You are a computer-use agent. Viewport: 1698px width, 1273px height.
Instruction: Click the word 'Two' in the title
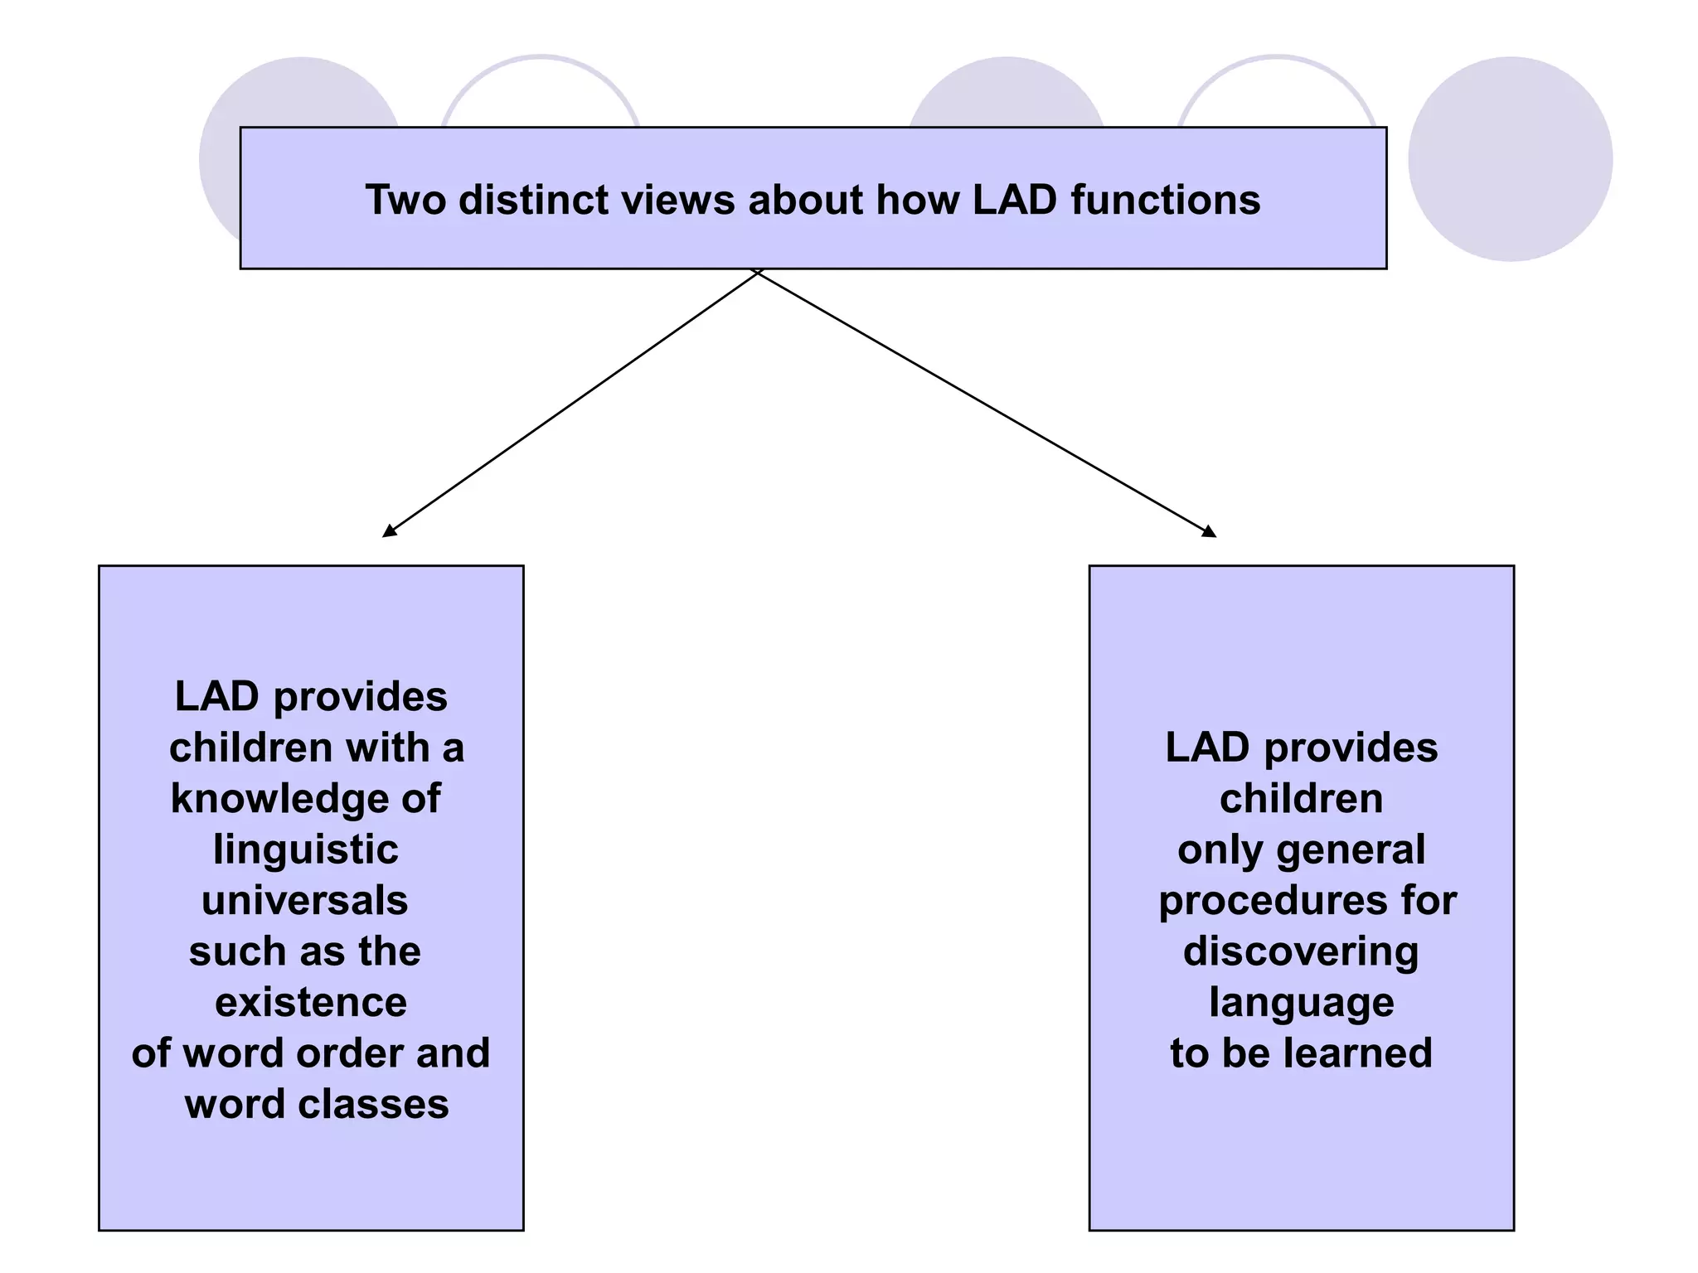405,200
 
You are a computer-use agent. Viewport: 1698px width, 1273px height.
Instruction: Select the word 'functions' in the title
1165,200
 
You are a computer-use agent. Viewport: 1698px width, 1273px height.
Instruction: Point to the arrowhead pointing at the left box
389,531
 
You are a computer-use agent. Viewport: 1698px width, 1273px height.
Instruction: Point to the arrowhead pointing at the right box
1210,531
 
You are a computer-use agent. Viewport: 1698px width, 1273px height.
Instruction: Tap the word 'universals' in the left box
305,901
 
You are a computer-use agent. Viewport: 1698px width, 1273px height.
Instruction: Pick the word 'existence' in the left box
311,1003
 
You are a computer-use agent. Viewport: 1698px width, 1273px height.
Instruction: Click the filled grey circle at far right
1510,159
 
